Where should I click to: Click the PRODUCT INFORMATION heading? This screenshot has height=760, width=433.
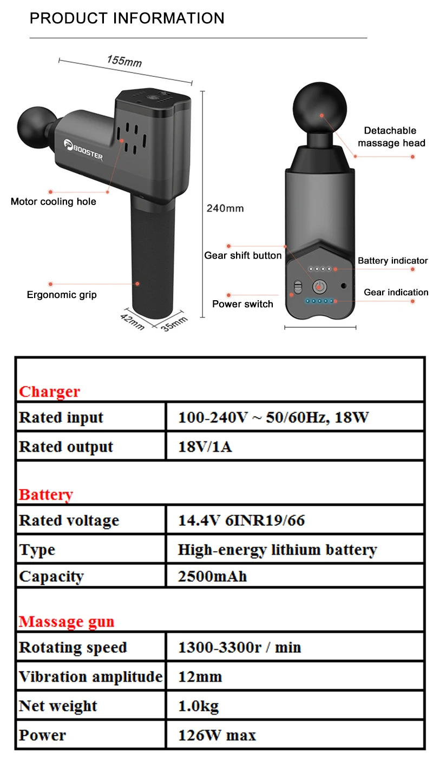[x=127, y=18]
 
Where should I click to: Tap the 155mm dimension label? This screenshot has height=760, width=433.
[x=124, y=61]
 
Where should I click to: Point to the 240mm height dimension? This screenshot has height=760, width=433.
[x=225, y=208]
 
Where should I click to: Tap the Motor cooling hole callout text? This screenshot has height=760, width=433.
[x=53, y=202]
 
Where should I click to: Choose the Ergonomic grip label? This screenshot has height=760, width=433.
[x=62, y=295]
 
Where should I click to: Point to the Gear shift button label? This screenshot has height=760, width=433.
[x=242, y=255]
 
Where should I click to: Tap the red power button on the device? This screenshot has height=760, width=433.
[x=319, y=286]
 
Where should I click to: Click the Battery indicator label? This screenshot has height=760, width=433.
[x=392, y=261]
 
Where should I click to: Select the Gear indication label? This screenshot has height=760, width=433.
[x=396, y=292]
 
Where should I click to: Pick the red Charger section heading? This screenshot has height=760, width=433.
[x=49, y=391]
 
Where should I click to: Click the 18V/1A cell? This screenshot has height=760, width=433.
[x=205, y=447]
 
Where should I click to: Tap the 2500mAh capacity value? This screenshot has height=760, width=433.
[x=212, y=576]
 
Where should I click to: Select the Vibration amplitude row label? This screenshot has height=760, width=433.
[x=90, y=677]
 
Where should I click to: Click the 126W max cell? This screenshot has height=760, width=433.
[x=216, y=735]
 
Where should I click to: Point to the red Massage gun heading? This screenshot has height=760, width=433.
[x=67, y=622]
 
